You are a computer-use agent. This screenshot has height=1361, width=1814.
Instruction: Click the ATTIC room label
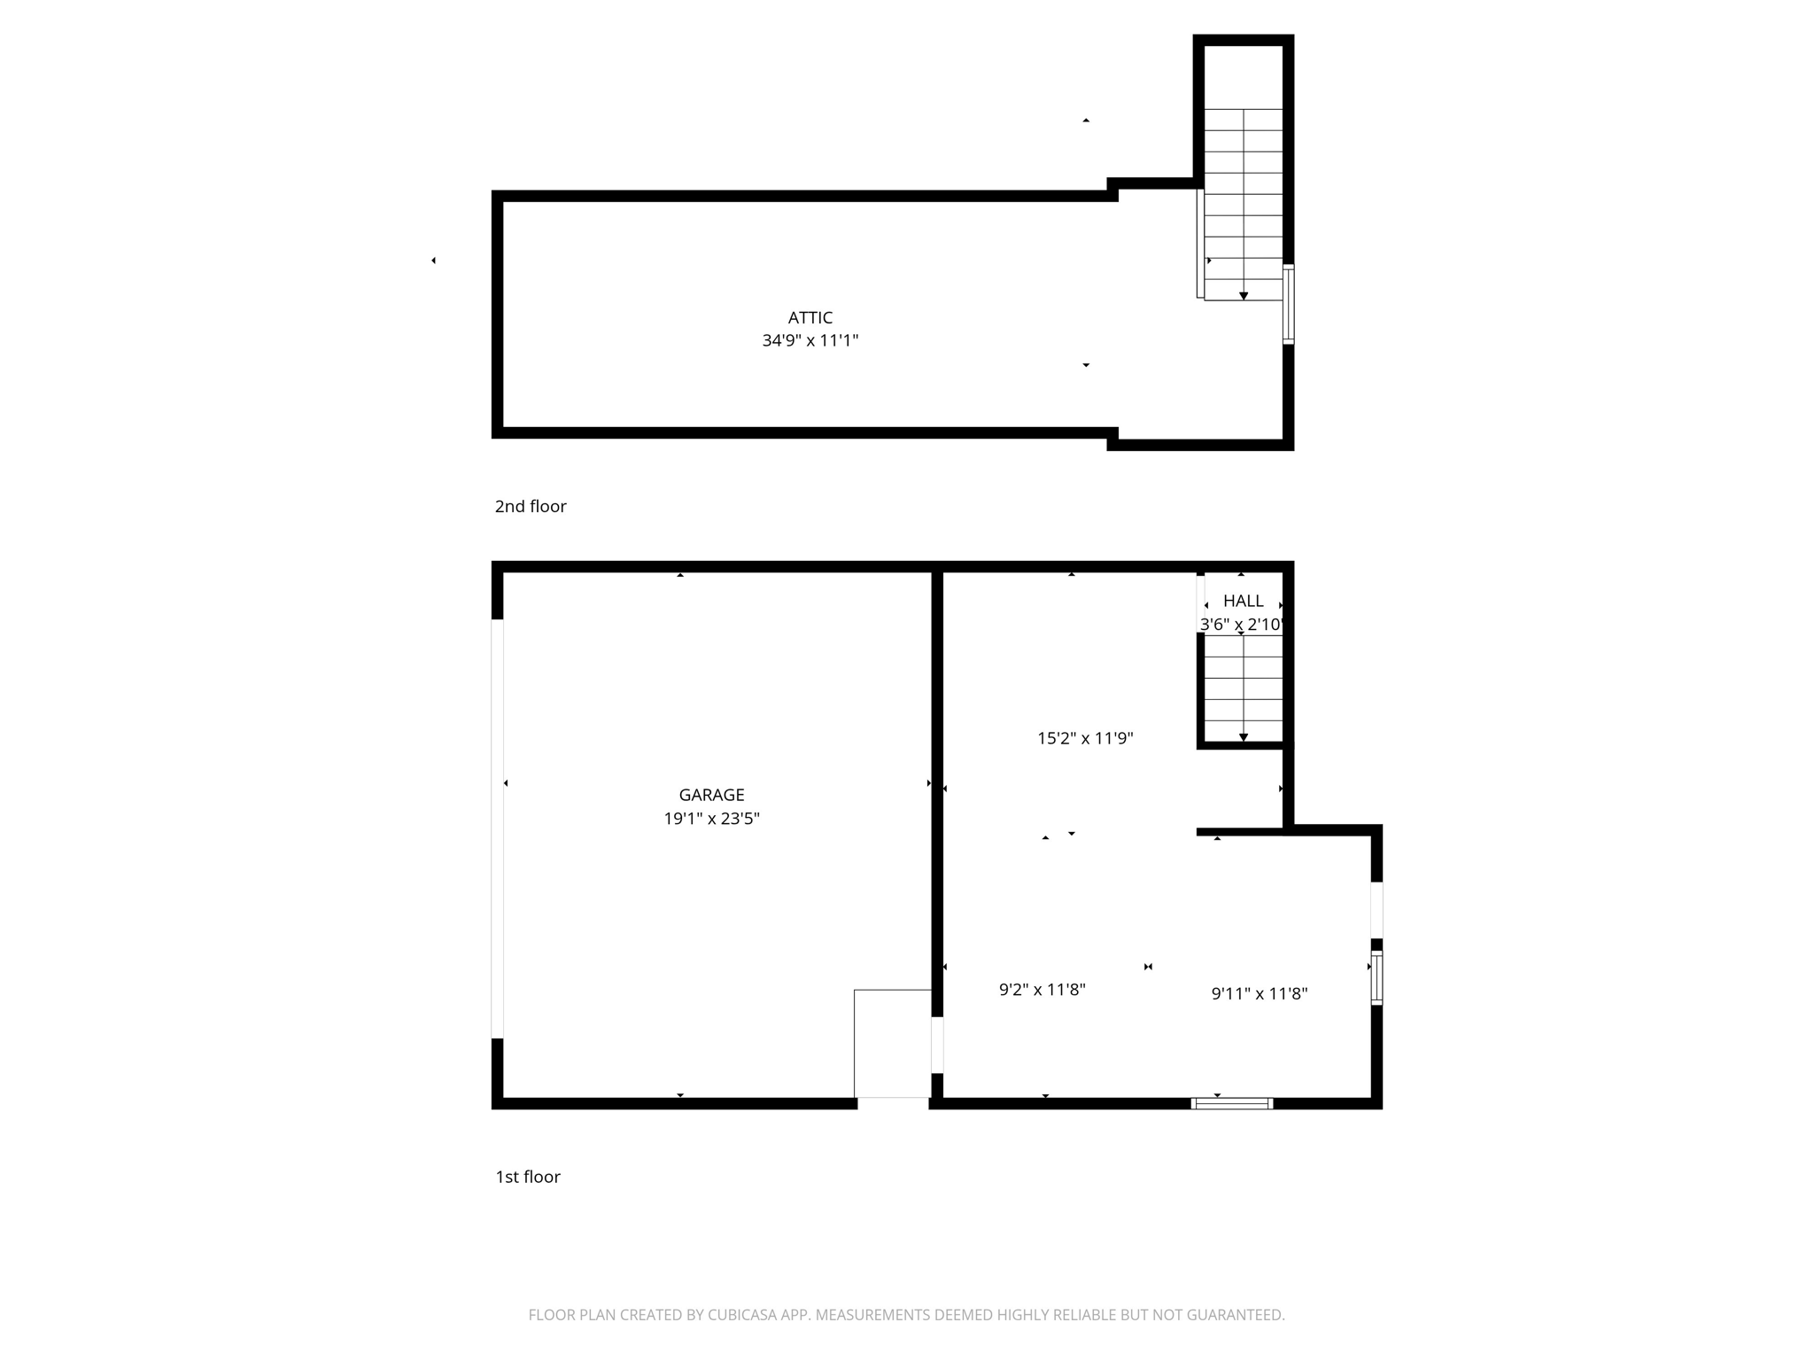tap(810, 317)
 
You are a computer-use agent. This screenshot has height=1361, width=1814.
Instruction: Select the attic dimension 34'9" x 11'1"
tap(810, 340)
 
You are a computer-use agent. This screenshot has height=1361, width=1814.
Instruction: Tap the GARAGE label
tap(711, 795)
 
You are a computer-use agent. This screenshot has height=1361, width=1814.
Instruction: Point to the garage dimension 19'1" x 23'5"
tap(711, 819)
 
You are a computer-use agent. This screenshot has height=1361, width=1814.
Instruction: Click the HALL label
tap(1243, 601)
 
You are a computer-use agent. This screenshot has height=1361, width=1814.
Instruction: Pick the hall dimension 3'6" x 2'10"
tap(1241, 625)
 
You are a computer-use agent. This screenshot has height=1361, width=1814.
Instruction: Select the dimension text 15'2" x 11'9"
tap(1085, 738)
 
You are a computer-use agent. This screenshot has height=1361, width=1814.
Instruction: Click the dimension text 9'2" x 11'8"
tap(1042, 990)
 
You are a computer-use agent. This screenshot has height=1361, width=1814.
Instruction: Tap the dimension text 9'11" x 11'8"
tap(1259, 993)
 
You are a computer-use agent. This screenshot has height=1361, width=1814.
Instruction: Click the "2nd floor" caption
tap(530, 506)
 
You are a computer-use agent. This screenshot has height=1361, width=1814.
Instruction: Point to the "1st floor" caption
tap(527, 1177)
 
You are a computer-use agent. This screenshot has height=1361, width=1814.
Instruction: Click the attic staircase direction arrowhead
tap(1244, 296)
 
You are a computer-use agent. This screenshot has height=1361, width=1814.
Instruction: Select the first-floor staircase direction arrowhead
tap(1244, 737)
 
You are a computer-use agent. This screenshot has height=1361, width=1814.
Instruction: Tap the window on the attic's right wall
tap(1289, 304)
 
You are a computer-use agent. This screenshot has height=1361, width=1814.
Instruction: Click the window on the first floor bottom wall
tap(1231, 1103)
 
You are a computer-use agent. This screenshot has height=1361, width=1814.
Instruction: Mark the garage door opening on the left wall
tap(498, 828)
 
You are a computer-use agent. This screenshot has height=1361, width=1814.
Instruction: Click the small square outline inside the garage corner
tap(892, 1043)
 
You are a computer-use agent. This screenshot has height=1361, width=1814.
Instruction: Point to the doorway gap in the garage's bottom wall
tap(893, 1103)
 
